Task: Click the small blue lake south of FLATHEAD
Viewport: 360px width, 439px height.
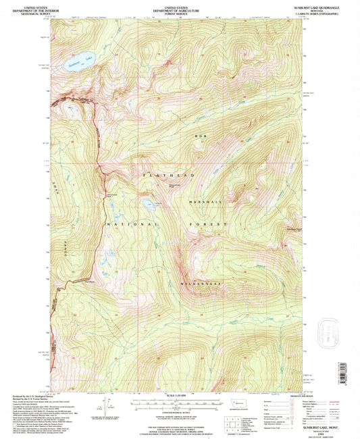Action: tap(147, 203)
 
